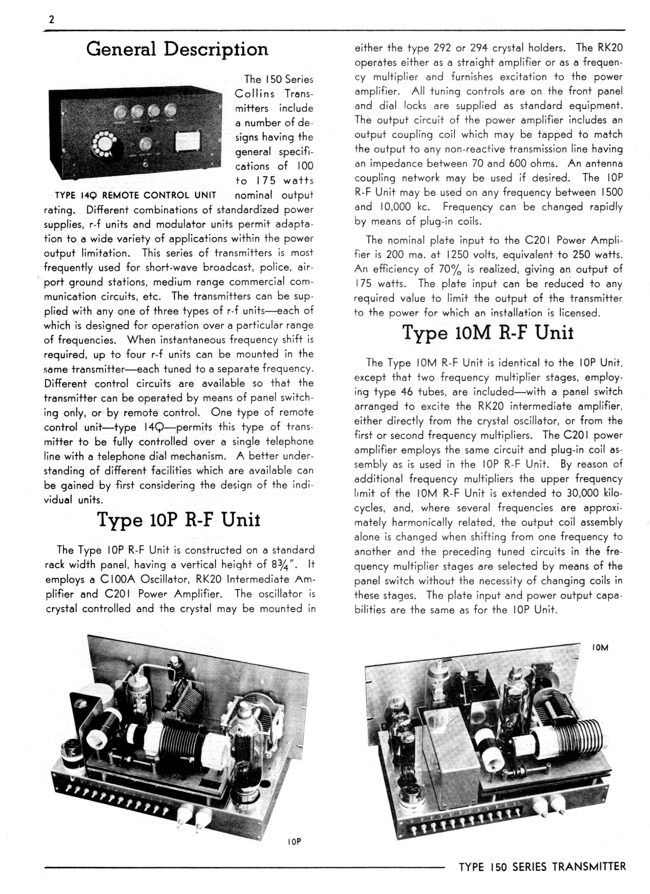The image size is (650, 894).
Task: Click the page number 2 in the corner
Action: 52,20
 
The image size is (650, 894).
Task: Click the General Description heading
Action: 177,49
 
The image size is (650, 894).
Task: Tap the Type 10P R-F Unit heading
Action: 179,520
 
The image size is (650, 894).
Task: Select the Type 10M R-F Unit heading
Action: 488,332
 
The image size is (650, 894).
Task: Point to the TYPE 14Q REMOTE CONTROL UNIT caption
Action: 135,195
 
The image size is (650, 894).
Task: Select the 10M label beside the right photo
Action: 600,648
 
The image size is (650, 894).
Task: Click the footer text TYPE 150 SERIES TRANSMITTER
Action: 542,867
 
